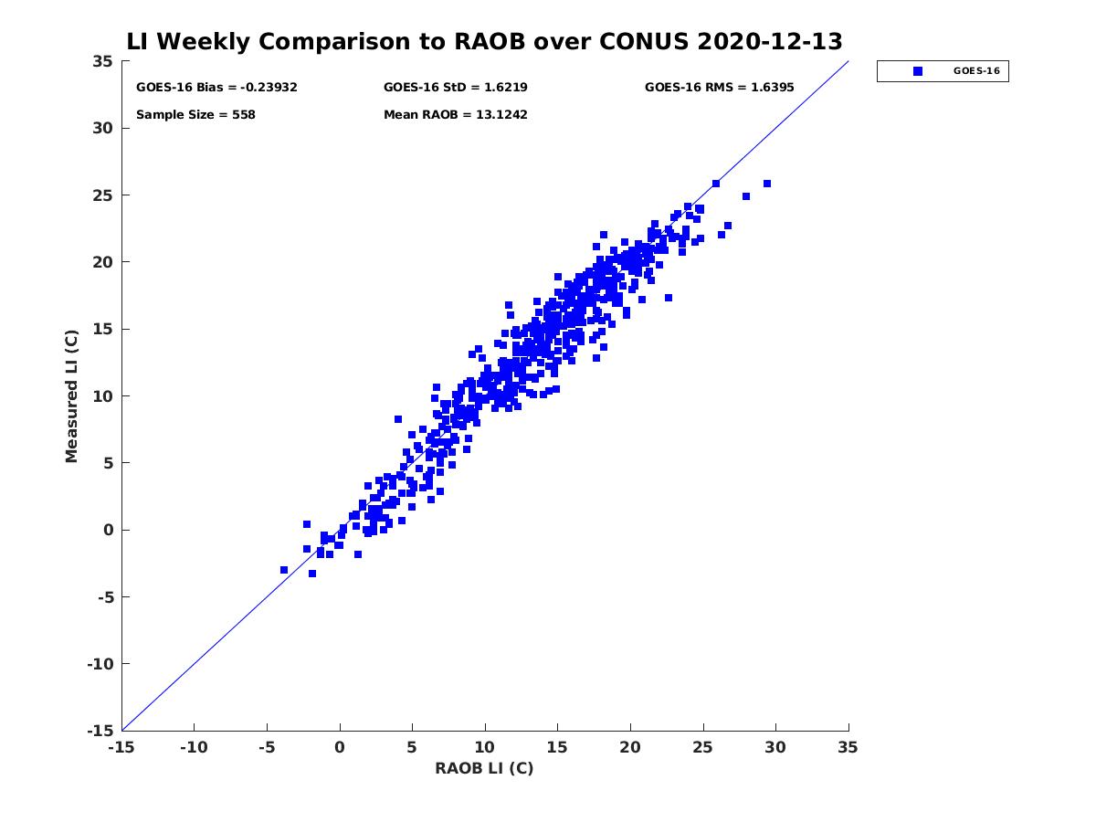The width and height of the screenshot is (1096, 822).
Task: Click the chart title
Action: pos(484,42)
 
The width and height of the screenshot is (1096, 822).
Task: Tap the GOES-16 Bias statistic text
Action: pos(216,88)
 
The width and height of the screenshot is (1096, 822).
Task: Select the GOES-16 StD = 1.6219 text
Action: pos(455,88)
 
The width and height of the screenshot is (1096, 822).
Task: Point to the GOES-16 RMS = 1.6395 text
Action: pos(719,88)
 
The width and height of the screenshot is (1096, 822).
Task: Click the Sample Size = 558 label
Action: pos(195,115)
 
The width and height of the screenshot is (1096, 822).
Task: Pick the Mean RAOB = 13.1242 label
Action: pos(455,115)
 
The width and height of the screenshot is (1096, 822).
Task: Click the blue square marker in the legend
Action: pos(918,71)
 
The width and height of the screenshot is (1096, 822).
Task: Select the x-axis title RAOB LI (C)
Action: pos(484,768)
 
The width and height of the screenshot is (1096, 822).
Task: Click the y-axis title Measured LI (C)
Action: pos(72,396)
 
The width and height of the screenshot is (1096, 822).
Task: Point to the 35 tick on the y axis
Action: pos(102,61)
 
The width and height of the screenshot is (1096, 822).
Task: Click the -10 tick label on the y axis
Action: pos(99,664)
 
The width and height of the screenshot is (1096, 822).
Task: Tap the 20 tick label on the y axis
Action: pos(102,262)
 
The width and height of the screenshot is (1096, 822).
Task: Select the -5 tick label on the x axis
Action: pos(267,747)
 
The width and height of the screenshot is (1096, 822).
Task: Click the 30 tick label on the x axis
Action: pos(776,747)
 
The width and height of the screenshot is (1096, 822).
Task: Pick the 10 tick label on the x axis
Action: pos(485,747)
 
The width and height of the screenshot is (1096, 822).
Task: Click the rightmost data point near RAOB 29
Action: pos(767,184)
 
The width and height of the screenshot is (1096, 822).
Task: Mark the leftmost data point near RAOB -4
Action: pos(284,570)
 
